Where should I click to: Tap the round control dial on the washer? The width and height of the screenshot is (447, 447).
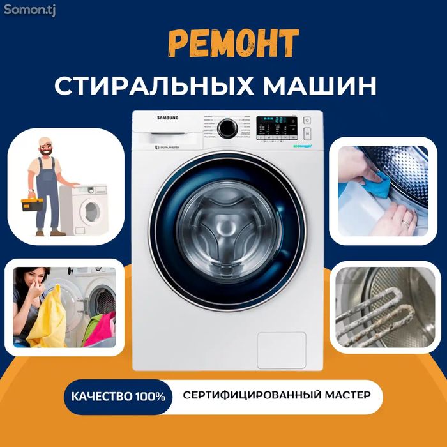point(227,128)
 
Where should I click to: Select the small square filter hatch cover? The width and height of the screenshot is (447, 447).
point(281,350)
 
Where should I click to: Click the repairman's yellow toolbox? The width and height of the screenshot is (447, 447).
point(32,204)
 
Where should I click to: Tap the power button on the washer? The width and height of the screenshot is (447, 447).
point(307,120)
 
